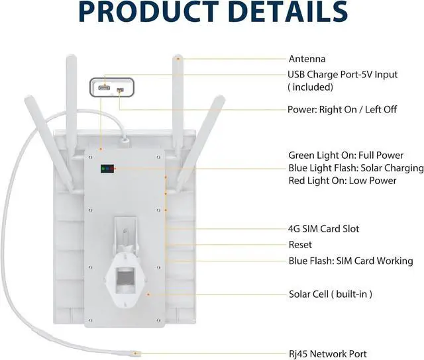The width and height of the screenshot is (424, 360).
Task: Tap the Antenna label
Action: [x=307, y=59]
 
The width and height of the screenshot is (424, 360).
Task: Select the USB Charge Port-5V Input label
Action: [x=343, y=75]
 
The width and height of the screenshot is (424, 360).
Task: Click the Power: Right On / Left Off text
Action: [x=342, y=109]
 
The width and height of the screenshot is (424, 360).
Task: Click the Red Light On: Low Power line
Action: [x=342, y=181]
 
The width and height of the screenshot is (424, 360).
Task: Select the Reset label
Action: [x=300, y=245]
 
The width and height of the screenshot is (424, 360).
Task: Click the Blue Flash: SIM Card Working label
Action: [x=350, y=261]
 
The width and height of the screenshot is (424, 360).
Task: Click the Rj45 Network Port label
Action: [x=327, y=354]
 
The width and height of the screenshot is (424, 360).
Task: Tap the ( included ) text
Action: [x=310, y=87]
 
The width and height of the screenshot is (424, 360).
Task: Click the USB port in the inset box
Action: [x=105, y=87]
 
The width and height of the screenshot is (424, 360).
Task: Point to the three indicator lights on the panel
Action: [x=106, y=169]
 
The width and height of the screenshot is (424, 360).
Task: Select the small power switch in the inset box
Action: [x=119, y=90]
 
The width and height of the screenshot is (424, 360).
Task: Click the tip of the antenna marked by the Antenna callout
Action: [x=177, y=58]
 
